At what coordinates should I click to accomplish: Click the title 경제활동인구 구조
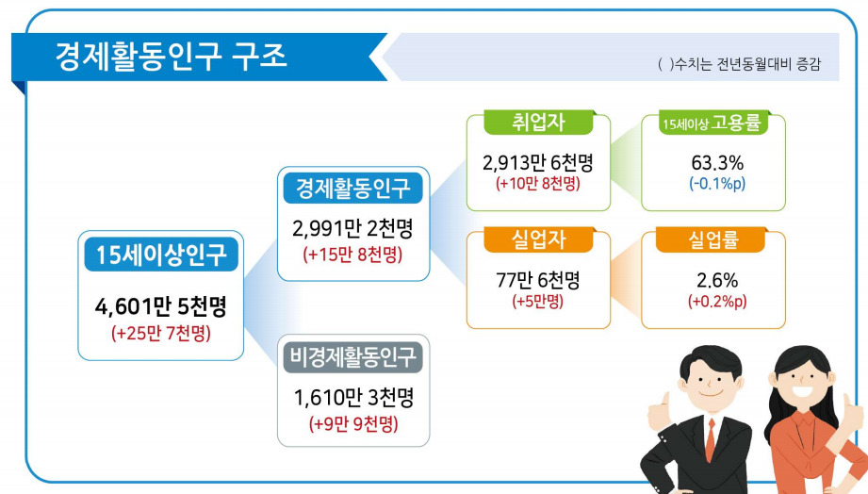(171, 56)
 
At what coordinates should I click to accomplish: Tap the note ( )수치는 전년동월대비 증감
(739, 64)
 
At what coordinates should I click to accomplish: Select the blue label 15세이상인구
(161, 255)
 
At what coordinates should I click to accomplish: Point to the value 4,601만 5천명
(161, 306)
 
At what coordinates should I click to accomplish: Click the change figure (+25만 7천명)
(161, 334)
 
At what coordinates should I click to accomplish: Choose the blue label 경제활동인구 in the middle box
(353, 189)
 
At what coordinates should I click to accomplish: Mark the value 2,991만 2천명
(353, 228)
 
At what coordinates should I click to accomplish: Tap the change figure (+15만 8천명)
(353, 255)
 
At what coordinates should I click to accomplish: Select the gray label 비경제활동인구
(353, 356)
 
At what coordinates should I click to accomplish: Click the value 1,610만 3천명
(353, 398)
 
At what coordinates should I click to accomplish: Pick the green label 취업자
(539, 122)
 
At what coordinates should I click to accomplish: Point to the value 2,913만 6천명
(538, 163)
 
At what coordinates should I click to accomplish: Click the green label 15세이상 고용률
(713, 123)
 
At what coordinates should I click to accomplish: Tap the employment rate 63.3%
(717, 163)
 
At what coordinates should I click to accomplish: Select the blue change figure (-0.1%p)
(717, 183)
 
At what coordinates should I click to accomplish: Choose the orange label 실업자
(539, 239)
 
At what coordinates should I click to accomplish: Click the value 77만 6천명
(538, 280)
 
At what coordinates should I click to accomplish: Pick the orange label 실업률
(713, 239)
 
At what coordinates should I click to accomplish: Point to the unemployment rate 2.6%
(717, 280)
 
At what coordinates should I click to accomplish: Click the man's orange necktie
(711, 439)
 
